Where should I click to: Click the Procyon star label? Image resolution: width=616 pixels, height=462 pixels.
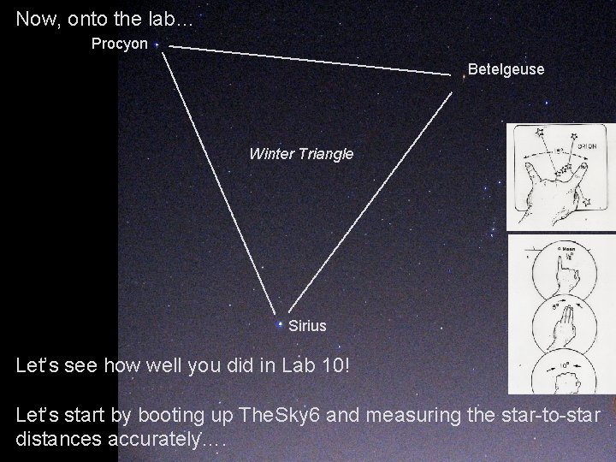pos(120,43)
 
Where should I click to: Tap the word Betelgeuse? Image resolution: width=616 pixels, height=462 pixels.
pos(506,69)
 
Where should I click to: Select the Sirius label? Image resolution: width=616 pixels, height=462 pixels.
pos(307,326)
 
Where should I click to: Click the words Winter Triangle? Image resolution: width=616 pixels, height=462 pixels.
pos(300,154)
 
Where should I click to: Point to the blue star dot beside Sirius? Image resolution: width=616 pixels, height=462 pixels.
pos(280,325)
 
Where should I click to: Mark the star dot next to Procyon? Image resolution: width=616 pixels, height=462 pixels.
pos(161,49)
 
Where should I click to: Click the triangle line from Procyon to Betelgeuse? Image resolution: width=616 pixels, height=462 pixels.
pos(308,61)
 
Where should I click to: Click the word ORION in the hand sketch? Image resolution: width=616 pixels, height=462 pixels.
pos(588,146)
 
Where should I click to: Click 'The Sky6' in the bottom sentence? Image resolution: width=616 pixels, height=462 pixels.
pos(281,417)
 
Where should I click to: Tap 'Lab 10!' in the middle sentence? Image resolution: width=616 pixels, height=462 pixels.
pos(318,365)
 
